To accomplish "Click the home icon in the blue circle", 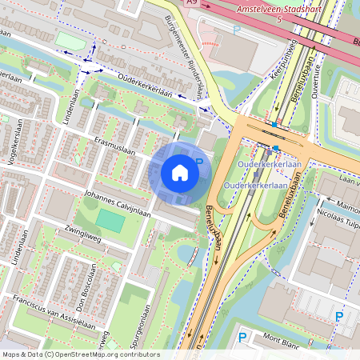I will tap(180, 173).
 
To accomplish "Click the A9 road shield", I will tap(191, 3).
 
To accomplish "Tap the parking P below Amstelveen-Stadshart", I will tap(236, 30).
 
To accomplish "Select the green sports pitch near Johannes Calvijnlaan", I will tap(110, 221).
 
